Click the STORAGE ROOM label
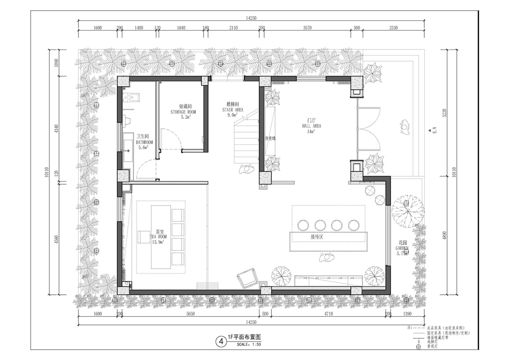coord(183,111)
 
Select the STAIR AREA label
coord(234,110)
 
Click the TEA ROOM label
coord(158,237)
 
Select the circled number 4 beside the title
coord(220,340)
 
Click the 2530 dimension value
coord(393,28)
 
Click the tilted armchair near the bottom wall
coord(246,279)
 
